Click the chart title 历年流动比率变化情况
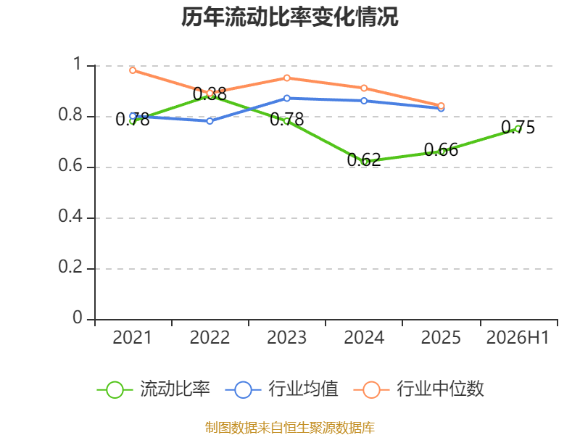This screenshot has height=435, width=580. (289, 17)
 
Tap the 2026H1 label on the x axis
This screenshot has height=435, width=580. (518, 337)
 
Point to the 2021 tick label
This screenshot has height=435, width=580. (132, 337)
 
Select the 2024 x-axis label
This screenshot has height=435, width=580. (364, 337)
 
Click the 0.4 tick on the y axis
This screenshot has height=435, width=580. (70, 215)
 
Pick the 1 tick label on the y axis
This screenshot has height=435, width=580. (78, 64)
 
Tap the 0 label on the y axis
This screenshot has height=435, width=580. (78, 318)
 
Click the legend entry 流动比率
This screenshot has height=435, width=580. (154, 389)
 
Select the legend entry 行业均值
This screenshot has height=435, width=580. (281, 389)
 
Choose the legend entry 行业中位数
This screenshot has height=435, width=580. (418, 389)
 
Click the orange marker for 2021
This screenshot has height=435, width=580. (133, 70)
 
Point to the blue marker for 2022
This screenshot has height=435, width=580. (210, 121)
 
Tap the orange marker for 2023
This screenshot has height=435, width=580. (287, 78)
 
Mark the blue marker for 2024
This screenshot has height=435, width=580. (364, 101)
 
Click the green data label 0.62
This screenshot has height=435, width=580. (364, 159)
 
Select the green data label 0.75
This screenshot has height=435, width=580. (518, 128)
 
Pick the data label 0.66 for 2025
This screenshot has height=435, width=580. (441, 150)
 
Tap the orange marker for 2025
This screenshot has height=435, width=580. (441, 106)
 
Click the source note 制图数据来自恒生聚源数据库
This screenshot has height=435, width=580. (289, 427)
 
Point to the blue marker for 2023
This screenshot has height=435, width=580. (287, 98)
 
